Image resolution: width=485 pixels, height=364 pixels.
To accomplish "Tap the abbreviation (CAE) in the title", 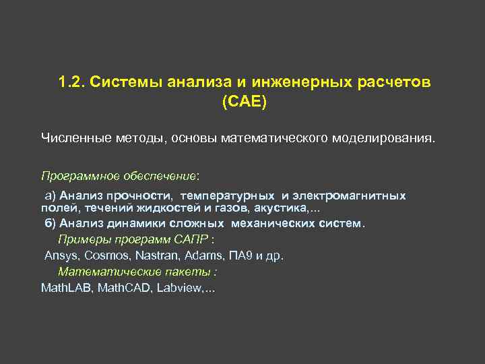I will tap(244, 102).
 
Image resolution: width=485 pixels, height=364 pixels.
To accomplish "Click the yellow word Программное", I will tap(80, 176).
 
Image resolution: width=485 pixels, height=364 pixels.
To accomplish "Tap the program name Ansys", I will tap(60, 256).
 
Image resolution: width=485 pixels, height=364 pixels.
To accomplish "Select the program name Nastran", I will tap(156, 256).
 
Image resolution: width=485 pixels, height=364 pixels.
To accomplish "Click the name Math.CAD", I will tap(125, 288).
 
